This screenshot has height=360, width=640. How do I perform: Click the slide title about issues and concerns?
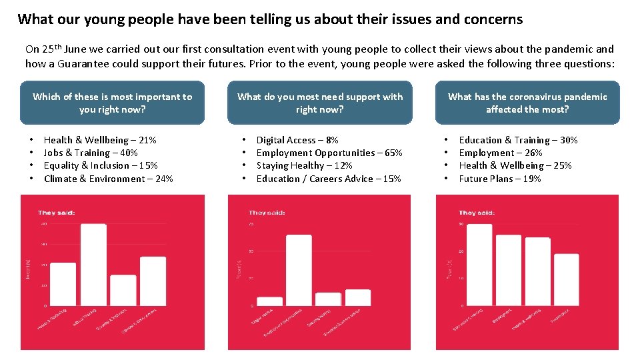pyautogui.click(x=270, y=19)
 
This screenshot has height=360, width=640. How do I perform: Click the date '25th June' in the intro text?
pyautogui.click(x=65, y=49)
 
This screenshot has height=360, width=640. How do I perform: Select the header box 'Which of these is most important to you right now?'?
pyautogui.click(x=112, y=103)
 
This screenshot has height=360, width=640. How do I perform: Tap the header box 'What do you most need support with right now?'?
pyautogui.click(x=320, y=103)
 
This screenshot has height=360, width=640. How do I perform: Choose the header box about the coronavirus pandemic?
pyautogui.click(x=527, y=103)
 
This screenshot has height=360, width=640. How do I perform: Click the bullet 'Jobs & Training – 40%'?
pyautogui.click(x=91, y=153)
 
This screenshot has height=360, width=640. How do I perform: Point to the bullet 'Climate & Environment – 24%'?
pyautogui.click(x=108, y=179)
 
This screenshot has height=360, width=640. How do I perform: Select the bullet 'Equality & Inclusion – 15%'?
pyautogui.click(x=101, y=165)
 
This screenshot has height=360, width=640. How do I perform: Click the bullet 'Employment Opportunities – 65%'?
pyautogui.click(x=329, y=153)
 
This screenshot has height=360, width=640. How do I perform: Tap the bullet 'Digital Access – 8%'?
pyautogui.click(x=297, y=140)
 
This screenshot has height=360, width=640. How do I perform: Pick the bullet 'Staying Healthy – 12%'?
pyautogui.click(x=305, y=165)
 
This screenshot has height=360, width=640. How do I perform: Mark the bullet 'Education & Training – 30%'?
pyautogui.click(x=518, y=140)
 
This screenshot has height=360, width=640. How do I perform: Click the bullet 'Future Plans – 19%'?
pyautogui.click(x=500, y=179)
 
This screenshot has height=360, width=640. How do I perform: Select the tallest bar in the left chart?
pyautogui.click(x=93, y=265)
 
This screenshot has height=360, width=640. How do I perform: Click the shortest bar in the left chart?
pyautogui.click(x=123, y=290)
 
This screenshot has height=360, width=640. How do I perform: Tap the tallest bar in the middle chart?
pyautogui.click(x=299, y=270)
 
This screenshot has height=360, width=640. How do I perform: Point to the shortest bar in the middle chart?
pyautogui.click(x=270, y=301)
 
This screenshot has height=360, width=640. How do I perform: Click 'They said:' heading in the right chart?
pyautogui.click(x=477, y=213)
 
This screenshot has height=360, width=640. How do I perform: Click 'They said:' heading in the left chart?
pyautogui.click(x=56, y=213)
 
